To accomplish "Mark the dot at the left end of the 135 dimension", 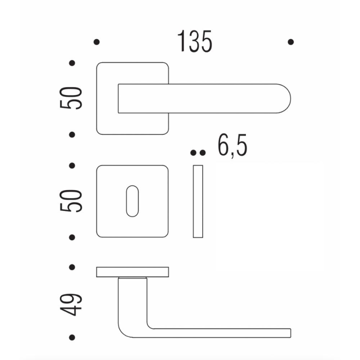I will pyautogui.click(x=96, y=42).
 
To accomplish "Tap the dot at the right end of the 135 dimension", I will pyautogui.click(x=291, y=42).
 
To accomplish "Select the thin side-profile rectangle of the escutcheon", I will pyautogui.click(x=198, y=201).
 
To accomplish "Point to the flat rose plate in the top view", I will pyautogui.click(x=132, y=272).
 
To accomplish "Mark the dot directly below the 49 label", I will pyautogui.click(x=72, y=337).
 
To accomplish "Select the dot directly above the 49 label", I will pyautogui.click(x=72, y=267).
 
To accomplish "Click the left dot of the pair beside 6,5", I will pyautogui.click(x=193, y=153).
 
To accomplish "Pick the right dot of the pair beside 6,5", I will pyautogui.click(x=202, y=153).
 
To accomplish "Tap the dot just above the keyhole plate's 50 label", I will pyautogui.click(x=72, y=166).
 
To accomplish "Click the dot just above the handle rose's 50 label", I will pyautogui.click(x=72, y=63).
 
